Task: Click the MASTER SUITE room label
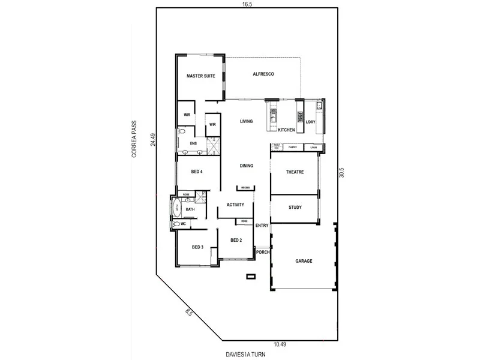point(200,76)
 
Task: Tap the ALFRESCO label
point(263,73)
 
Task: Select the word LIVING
point(246,121)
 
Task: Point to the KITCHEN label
point(286,130)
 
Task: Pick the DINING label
point(246,166)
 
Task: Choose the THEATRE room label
point(295,172)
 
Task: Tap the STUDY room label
point(295,208)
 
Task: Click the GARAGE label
point(304,261)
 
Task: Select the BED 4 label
point(197,172)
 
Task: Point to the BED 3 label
point(198,247)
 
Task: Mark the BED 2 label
point(236,241)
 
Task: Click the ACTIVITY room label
point(235,205)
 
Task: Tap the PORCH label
point(263,253)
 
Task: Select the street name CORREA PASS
point(135,137)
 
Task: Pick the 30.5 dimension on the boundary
point(341,172)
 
